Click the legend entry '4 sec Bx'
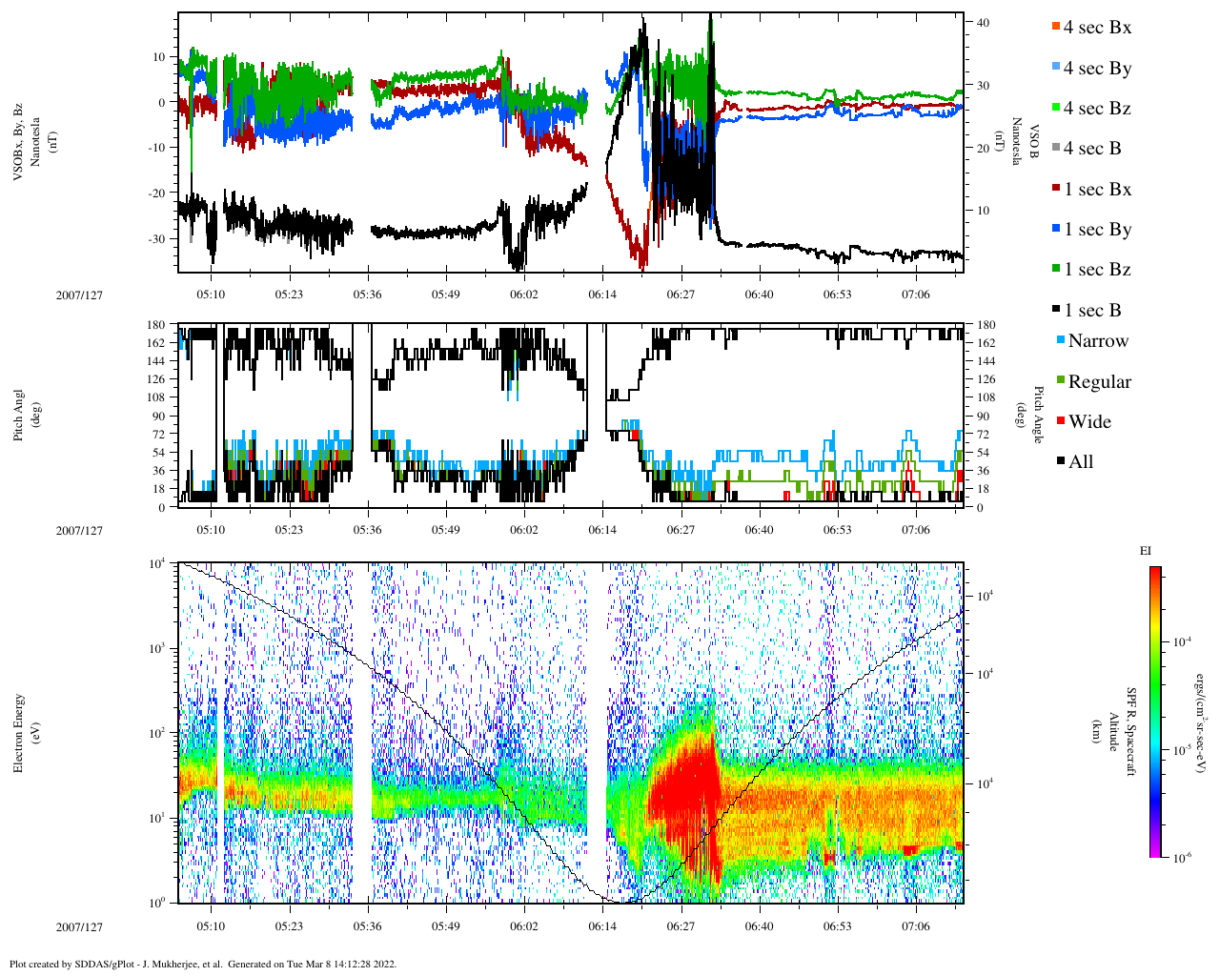pyautogui.click(x=1097, y=28)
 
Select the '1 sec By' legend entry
pyautogui.click(x=1097, y=230)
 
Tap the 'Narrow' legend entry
pyautogui.click(x=1097, y=341)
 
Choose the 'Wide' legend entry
pyautogui.click(x=1089, y=422)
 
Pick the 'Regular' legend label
pyautogui.click(x=1099, y=382)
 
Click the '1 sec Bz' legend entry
pyautogui.click(x=1097, y=270)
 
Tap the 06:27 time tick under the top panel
pyautogui.click(x=681, y=295)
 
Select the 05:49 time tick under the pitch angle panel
pyautogui.click(x=445, y=530)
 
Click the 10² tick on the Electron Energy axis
pyautogui.click(x=156, y=733)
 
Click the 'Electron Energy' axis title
pyautogui.click(x=19, y=732)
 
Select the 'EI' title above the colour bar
pyautogui.click(x=1146, y=551)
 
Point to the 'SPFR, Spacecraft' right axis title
pyautogui.click(x=1131, y=732)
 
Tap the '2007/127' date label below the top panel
pyautogui.click(x=79, y=295)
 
